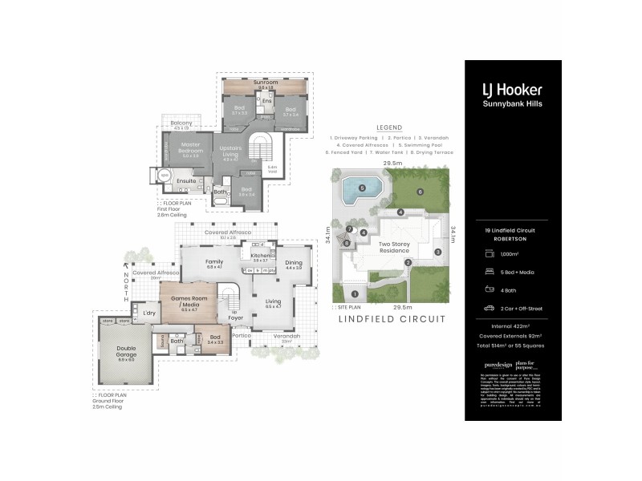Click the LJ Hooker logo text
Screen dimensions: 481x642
(512, 91)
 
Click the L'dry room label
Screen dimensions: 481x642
(149, 313)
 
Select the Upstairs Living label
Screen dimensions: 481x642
(231, 152)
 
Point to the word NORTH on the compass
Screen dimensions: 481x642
(125, 283)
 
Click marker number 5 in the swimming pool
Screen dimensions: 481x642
(362, 188)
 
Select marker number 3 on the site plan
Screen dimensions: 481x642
(438, 252)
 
